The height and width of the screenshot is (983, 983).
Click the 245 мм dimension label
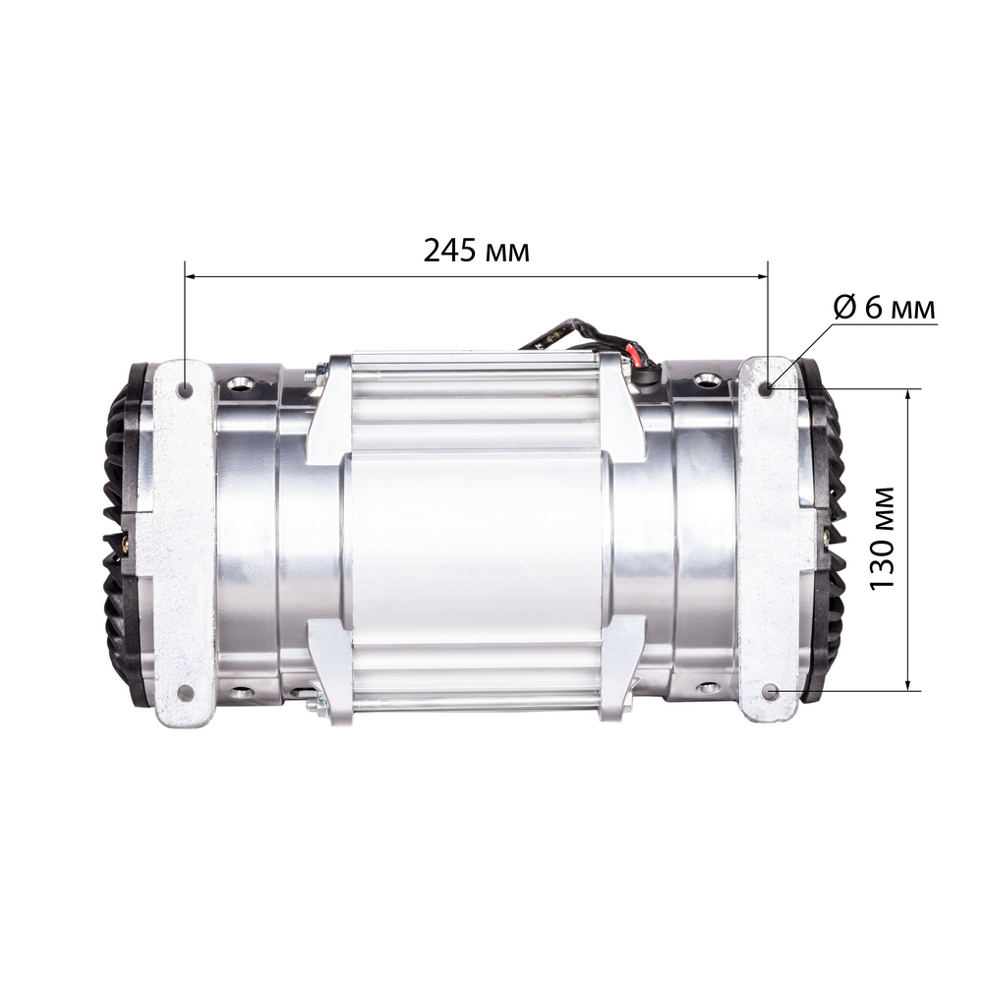point(476,251)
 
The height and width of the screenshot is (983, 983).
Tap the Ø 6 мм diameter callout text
point(884,308)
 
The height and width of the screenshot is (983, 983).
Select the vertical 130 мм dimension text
point(884,538)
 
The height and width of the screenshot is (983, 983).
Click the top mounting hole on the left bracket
point(184,390)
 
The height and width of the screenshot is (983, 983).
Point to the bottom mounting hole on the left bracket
point(184,692)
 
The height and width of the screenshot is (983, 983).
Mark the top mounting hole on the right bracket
point(768,389)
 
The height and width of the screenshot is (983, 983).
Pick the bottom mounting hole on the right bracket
point(769,691)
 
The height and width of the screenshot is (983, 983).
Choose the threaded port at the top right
point(707,379)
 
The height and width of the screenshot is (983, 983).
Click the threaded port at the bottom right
point(707,687)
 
